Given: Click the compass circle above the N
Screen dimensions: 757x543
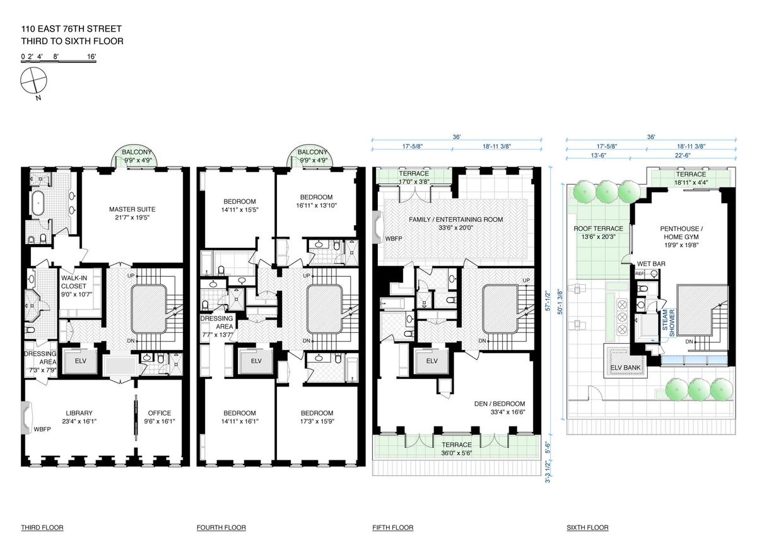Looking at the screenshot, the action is pyautogui.click(x=33, y=67).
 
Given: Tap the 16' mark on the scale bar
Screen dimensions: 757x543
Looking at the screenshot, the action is pyautogui.click(x=91, y=56).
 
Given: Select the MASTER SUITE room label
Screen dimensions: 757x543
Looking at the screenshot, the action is pyautogui.click(x=132, y=213).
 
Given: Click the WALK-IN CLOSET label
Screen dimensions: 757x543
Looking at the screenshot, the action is pyautogui.click(x=76, y=286).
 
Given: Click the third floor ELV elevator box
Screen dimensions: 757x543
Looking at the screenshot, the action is pyautogui.click(x=81, y=361).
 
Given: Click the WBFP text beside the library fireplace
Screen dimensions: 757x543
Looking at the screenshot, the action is pyautogui.click(x=42, y=429).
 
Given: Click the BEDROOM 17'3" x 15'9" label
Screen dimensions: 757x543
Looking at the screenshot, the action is pyautogui.click(x=317, y=417).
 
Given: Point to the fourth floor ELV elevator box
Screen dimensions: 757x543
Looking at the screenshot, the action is pyautogui.click(x=256, y=361).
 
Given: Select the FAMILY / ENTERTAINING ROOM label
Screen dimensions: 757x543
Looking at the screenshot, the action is pyautogui.click(x=456, y=223).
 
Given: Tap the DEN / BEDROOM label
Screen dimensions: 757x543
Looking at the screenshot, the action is pyautogui.click(x=500, y=407).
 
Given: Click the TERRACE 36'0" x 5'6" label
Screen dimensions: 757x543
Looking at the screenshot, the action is pyautogui.click(x=457, y=449).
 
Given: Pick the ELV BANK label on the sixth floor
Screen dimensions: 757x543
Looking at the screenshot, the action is pyautogui.click(x=625, y=367).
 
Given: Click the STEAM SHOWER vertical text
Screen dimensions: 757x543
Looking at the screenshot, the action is pyautogui.click(x=668, y=322).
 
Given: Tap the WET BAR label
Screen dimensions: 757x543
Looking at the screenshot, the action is pyautogui.click(x=651, y=264).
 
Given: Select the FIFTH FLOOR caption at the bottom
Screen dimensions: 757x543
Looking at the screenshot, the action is pyautogui.click(x=392, y=527).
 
